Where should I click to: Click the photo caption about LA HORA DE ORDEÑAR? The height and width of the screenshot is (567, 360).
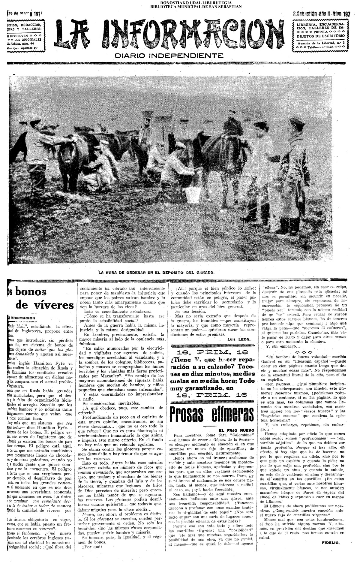coord(157,273)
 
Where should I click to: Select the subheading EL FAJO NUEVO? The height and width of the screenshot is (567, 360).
coord(238,430)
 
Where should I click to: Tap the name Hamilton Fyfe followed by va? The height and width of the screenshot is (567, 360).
coord(50,363)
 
